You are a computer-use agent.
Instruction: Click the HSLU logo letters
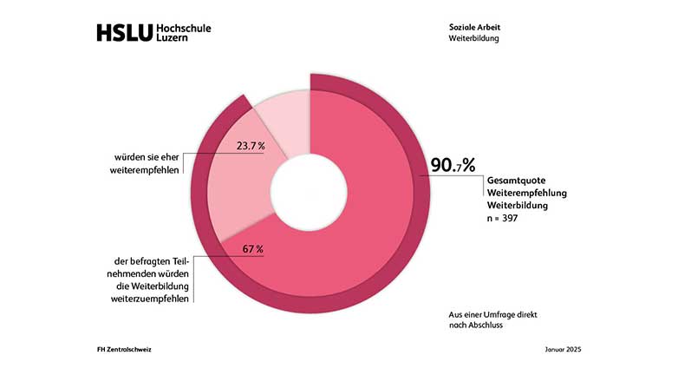pos(124,34)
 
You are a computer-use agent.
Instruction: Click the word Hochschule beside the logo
pos(183,29)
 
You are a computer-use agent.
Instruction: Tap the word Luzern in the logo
pos(173,40)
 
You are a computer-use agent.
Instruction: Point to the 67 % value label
pos(252,250)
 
